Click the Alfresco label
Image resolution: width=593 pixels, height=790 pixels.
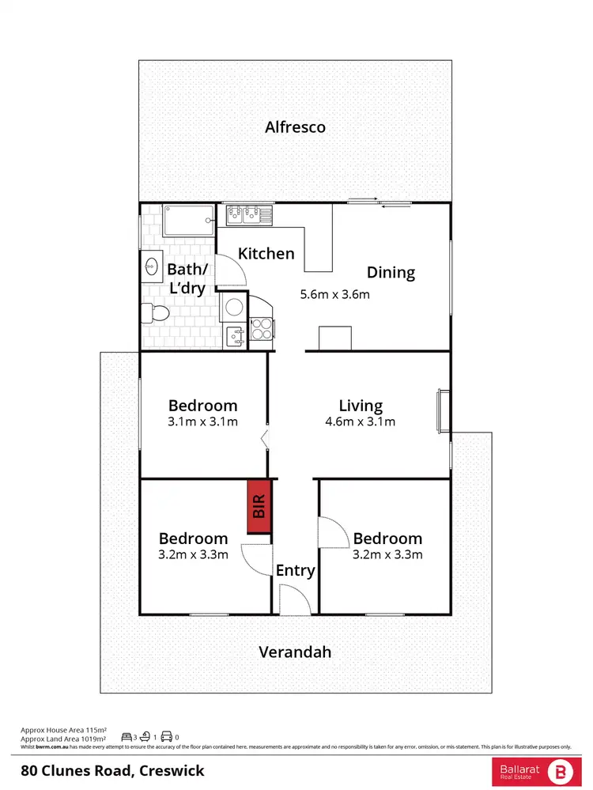(x=295, y=127)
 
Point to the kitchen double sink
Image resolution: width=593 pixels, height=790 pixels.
(x=248, y=212)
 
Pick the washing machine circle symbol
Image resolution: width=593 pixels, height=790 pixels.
(x=233, y=306)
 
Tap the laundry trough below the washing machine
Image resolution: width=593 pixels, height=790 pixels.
(x=233, y=337)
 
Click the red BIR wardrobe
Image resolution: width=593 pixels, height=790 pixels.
(x=259, y=506)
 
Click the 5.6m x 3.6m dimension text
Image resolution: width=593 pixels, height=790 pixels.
(x=334, y=295)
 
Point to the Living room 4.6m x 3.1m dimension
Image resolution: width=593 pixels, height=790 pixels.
(x=361, y=421)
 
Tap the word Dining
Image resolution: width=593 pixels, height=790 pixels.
(x=391, y=273)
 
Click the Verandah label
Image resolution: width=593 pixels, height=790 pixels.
(x=295, y=652)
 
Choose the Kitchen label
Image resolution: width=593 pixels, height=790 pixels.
(x=266, y=254)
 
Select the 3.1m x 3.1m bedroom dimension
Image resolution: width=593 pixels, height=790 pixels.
(x=202, y=421)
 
